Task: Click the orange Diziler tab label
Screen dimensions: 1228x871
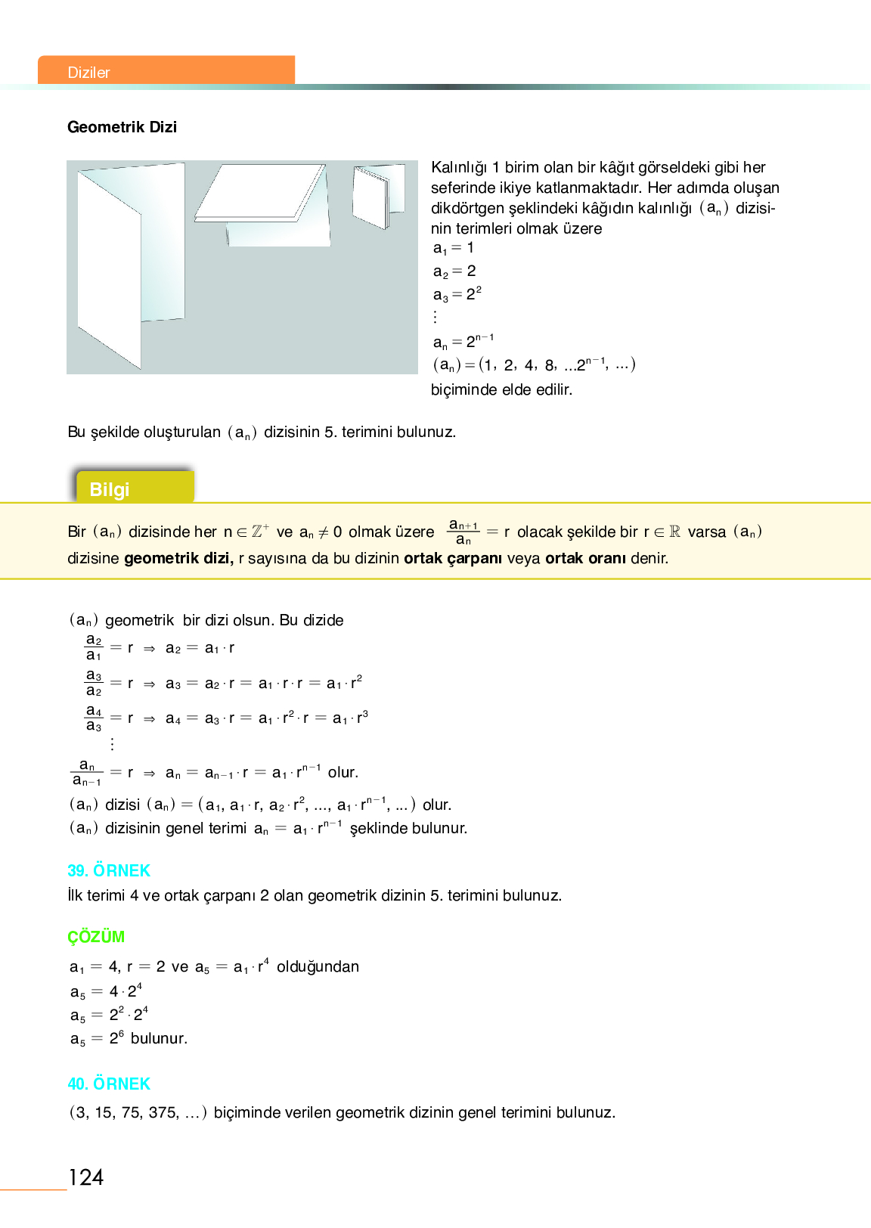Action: (89, 72)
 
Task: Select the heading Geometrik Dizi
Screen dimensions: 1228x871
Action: (122, 127)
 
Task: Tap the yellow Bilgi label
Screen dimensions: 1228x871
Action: (110, 489)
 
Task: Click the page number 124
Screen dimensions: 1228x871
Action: (86, 1177)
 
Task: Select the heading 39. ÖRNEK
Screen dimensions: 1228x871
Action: (109, 870)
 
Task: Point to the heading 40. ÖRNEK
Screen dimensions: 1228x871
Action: (109, 1084)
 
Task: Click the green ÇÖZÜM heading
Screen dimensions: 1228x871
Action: (96, 937)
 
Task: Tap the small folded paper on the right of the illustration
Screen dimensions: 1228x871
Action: (374, 195)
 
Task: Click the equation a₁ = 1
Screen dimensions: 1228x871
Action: (454, 248)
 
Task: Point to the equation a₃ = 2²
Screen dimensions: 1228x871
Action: (457, 294)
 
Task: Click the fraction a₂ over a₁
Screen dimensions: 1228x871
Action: (94, 648)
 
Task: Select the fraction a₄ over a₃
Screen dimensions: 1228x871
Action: (94, 718)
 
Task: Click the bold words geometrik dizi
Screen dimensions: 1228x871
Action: (178, 559)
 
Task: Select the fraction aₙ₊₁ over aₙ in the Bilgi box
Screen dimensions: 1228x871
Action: (463, 532)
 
